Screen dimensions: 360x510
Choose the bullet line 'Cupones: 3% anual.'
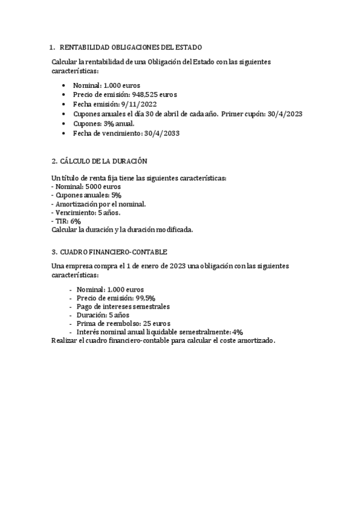[x=104, y=123]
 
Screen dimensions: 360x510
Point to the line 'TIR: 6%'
[x=67, y=221]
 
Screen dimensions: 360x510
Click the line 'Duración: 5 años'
[x=100, y=315]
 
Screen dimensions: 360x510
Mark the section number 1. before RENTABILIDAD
[x=53, y=47]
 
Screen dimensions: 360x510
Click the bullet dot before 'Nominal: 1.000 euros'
[x=64, y=85]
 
